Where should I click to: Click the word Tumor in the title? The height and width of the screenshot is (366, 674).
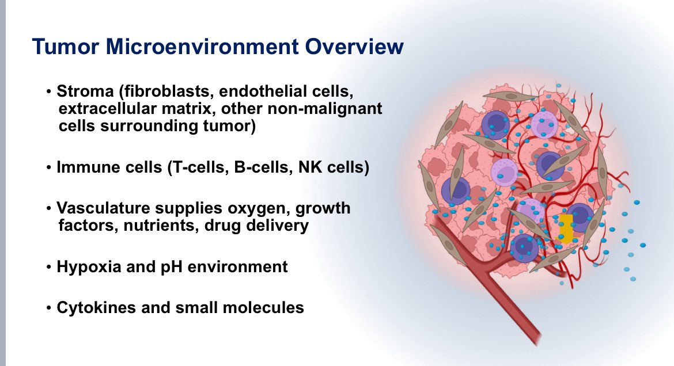65,47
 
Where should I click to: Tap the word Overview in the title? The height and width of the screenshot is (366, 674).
354,47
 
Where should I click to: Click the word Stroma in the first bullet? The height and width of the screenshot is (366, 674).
85,91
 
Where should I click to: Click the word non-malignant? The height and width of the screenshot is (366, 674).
324,109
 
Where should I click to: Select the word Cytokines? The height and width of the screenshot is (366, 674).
96,307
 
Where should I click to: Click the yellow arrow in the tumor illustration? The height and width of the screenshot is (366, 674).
566,228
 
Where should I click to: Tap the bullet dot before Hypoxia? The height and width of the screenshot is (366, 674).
48,267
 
